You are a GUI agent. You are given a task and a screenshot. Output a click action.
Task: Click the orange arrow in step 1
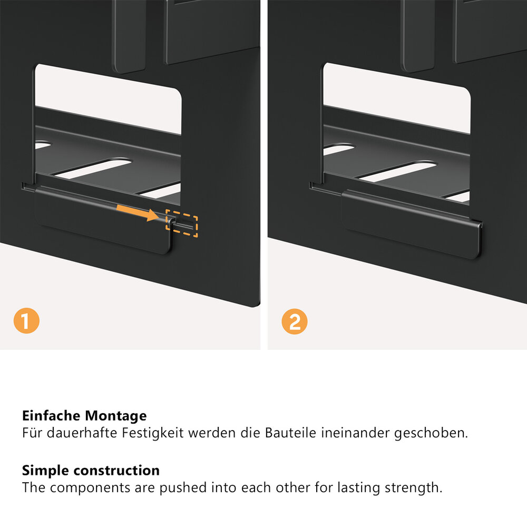pyautogui.click(x=138, y=212)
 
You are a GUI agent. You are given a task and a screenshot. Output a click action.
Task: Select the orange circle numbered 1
pyautogui.click(x=26, y=320)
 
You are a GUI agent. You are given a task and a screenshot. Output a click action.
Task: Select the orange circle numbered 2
pyautogui.click(x=295, y=321)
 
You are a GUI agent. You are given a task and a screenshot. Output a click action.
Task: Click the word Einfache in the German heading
pyautogui.click(x=52, y=416)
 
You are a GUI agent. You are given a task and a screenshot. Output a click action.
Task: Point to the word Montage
pyautogui.click(x=115, y=416)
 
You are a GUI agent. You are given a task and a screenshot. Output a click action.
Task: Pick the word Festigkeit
pyautogui.click(x=153, y=433)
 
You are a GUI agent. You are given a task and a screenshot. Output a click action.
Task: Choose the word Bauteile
pyautogui.click(x=291, y=433)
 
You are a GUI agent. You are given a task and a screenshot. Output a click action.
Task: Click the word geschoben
pyautogui.click(x=431, y=433)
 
